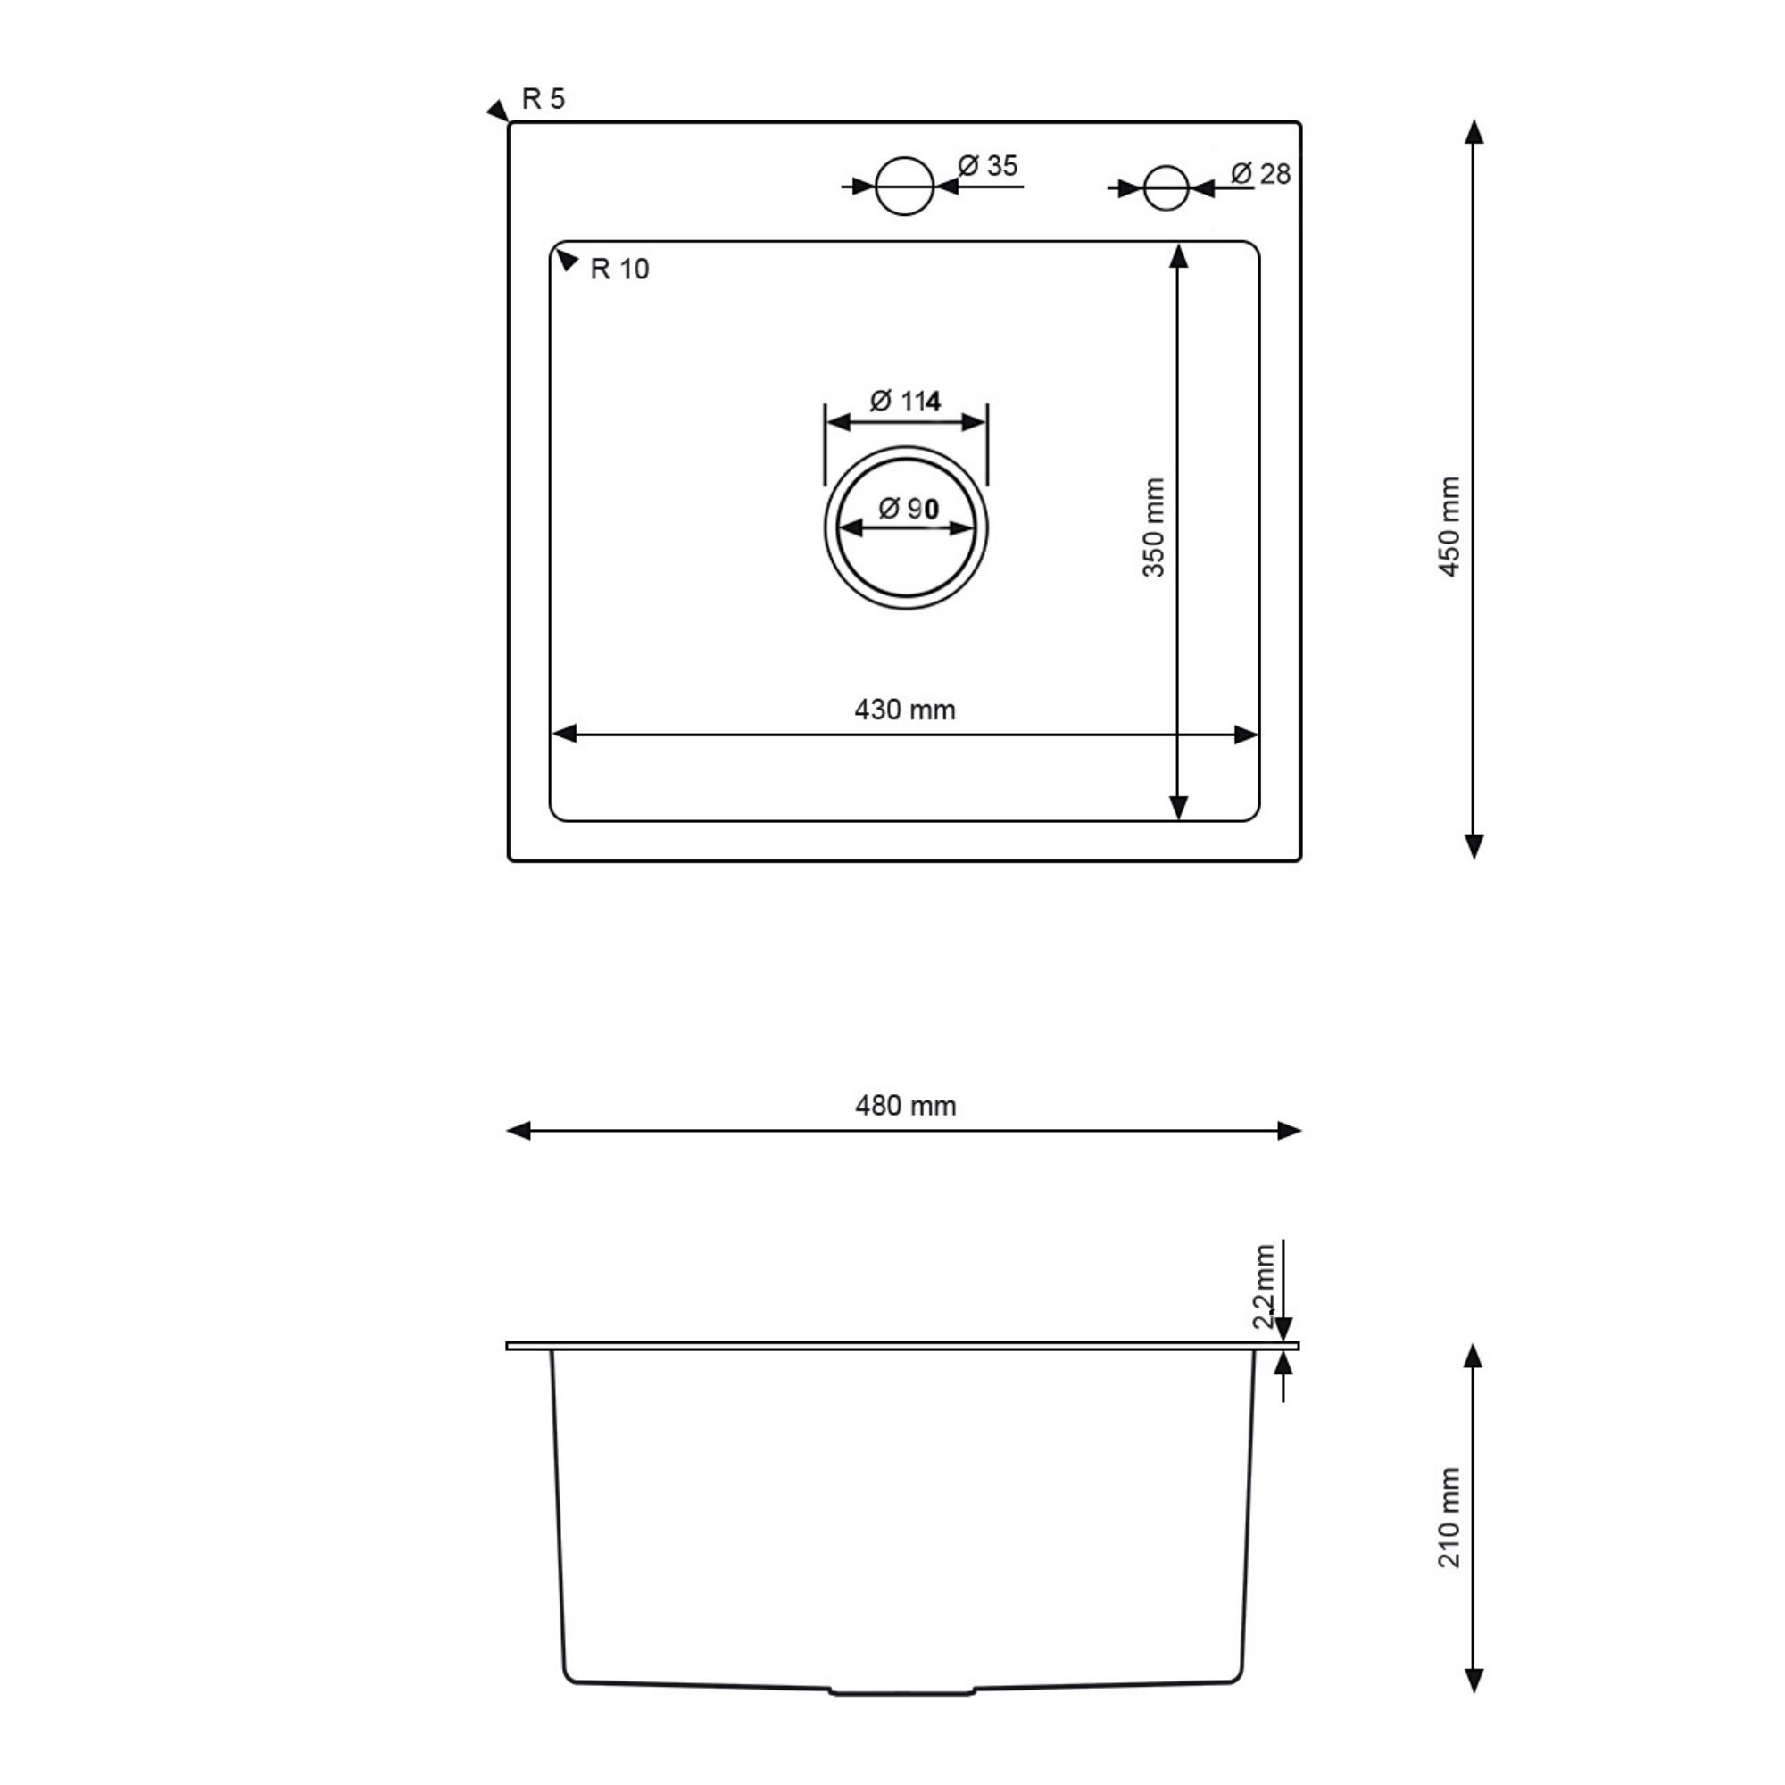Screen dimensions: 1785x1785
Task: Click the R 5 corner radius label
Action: tap(543, 99)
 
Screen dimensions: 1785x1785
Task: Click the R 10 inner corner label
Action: tap(619, 269)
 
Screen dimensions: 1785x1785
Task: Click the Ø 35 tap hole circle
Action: tap(903, 187)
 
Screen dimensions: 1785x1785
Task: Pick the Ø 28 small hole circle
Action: tap(1165, 188)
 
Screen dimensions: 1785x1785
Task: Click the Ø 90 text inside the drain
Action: tap(908, 508)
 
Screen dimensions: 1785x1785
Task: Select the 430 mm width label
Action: tap(904, 710)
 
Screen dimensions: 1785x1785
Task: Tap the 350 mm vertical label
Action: tap(1154, 527)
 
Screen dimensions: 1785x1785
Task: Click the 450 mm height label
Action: tap(1449, 527)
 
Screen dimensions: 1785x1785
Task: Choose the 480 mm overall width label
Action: tap(905, 1106)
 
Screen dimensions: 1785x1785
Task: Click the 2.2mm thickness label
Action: tap(1263, 1287)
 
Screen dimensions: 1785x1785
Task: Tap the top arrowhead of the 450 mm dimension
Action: tap(1474, 132)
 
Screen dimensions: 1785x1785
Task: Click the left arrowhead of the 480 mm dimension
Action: tap(519, 1131)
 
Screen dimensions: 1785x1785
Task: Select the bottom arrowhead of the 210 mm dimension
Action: tap(1474, 1679)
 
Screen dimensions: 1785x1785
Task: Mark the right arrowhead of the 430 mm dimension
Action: tap(1246, 735)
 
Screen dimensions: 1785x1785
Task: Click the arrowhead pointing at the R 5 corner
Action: tap(498, 111)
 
